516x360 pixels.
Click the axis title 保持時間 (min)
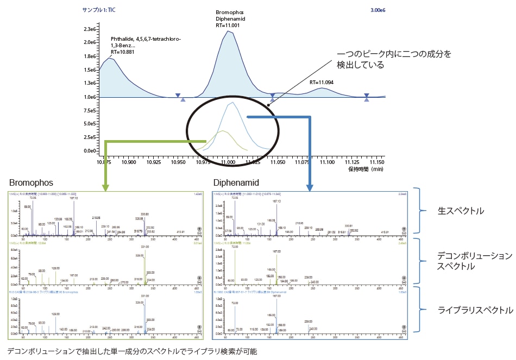click(x=367, y=169)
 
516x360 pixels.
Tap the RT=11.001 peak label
click(x=230, y=24)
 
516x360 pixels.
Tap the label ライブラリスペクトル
click(x=475, y=311)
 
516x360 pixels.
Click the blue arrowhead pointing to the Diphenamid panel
click(x=310, y=188)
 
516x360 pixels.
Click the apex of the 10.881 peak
click(x=110, y=58)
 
